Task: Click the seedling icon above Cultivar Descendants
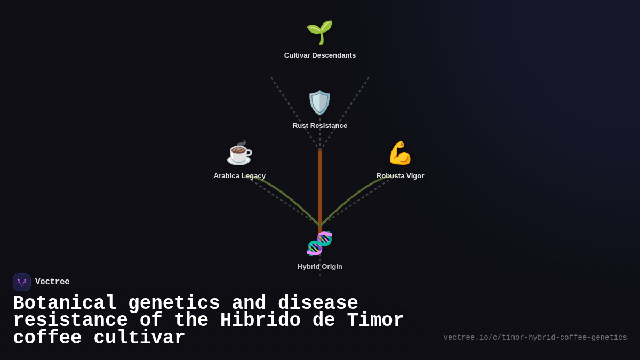[319, 32]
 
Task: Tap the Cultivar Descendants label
[319, 55]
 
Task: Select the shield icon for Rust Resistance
[319, 102]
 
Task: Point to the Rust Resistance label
[319, 126]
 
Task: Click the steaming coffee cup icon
[239, 153]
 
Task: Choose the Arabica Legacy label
[239, 176]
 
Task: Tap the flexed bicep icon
[400, 153]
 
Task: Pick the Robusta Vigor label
[400, 176]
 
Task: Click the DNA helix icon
[319, 243]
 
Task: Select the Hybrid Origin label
[319, 267]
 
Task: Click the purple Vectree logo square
[22, 282]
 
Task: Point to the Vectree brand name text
[52, 282]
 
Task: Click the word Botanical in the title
[65, 303]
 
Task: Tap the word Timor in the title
[375, 321]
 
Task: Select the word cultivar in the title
[139, 338]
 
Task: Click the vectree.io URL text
[535, 338]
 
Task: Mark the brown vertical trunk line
[320, 187]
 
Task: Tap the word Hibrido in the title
[260, 321]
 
